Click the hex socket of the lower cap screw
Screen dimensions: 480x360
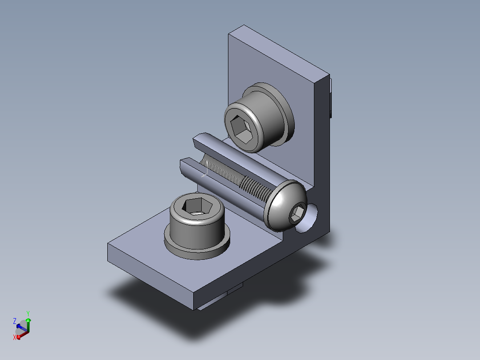click(x=197, y=206)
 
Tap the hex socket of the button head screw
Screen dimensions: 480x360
click(x=297, y=213)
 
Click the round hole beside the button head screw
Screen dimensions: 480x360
click(x=308, y=219)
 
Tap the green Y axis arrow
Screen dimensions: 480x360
click(x=28, y=325)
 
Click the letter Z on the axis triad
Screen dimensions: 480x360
click(x=14, y=321)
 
